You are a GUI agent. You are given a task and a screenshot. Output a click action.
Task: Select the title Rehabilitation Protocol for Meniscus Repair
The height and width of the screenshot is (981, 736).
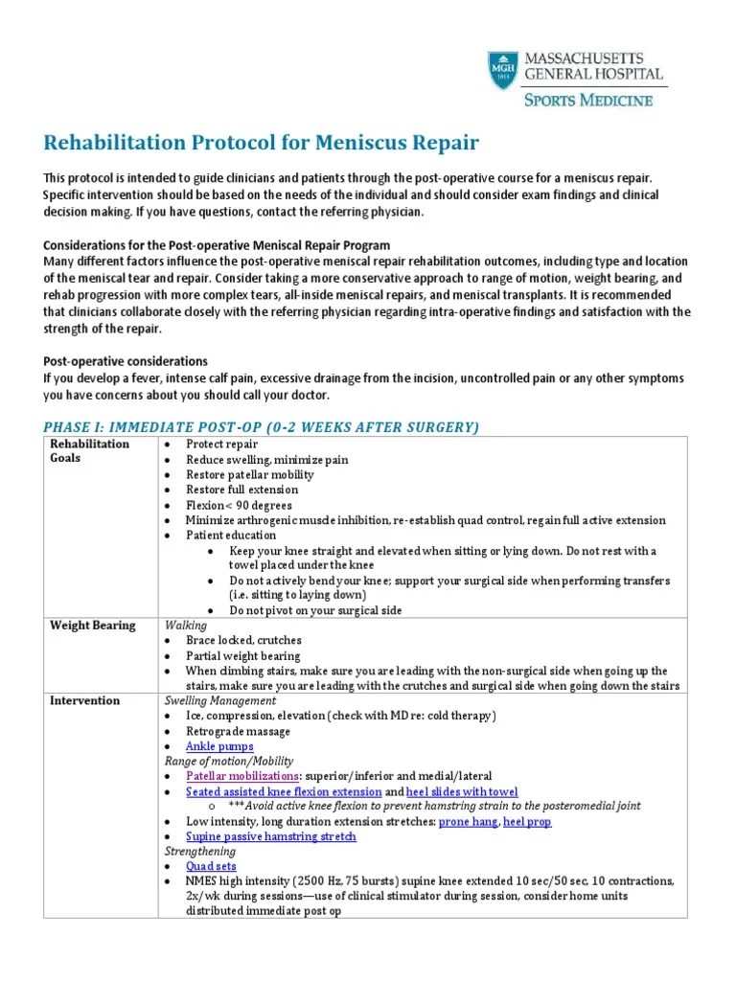click(261, 144)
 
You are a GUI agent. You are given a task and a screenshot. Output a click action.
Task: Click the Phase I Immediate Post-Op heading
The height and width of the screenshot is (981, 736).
click(262, 426)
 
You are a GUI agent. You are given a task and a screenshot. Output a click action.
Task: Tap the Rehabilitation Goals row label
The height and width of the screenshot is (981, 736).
click(89, 451)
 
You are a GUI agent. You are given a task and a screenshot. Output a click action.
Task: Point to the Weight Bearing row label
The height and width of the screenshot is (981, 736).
click(92, 626)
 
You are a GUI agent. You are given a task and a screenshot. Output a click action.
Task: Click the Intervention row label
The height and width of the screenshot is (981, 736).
click(84, 700)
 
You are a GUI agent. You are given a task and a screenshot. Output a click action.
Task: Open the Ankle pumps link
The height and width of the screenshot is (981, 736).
click(219, 746)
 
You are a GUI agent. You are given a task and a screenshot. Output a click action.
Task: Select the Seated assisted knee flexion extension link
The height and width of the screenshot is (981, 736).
click(284, 792)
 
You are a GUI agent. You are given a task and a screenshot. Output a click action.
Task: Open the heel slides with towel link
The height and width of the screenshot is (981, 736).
click(462, 792)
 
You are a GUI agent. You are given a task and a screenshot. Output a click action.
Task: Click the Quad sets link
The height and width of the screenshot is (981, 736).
click(212, 866)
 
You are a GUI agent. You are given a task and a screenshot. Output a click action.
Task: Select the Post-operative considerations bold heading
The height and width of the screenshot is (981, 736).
click(126, 361)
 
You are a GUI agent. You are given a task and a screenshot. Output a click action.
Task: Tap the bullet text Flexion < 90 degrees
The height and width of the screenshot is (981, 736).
click(240, 505)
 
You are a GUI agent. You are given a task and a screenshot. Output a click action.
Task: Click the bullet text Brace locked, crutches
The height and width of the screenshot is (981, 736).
click(243, 640)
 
